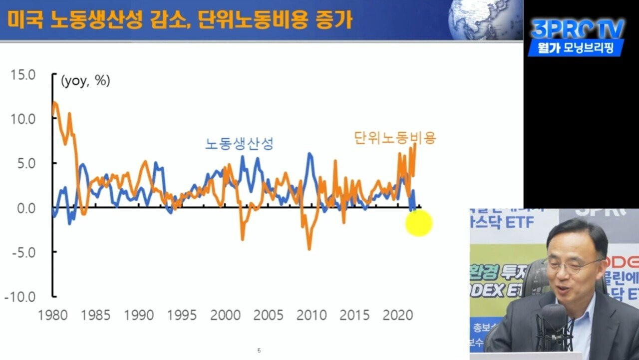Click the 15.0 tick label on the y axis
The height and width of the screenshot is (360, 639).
tap(23, 75)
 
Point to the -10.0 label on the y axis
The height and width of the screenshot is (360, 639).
tap(20, 297)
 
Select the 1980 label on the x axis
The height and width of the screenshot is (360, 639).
tap(53, 316)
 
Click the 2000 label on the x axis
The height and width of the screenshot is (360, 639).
tap(226, 316)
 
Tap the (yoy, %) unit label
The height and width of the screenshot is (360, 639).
tap(85, 81)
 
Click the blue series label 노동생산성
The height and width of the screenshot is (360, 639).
tap(239, 144)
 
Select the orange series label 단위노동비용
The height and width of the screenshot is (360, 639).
tap(395, 137)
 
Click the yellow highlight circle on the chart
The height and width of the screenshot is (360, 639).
tap(418, 223)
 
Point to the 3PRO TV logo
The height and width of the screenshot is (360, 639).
tap(578, 29)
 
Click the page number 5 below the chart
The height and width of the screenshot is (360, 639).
tap(259, 351)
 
